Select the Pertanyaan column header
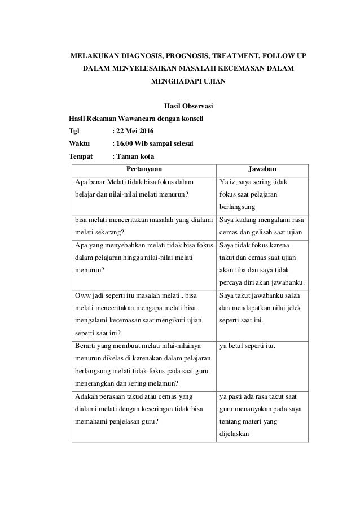tap(143, 169)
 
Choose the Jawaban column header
tap(264, 169)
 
